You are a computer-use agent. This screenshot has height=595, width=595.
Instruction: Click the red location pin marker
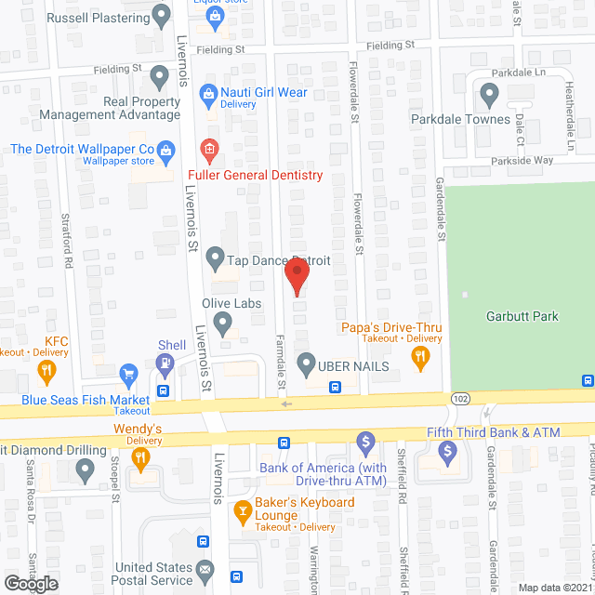tap(297, 276)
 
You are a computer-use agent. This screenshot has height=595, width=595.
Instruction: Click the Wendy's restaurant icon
tap(139, 456)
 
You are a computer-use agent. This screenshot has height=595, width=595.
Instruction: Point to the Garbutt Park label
tap(522, 316)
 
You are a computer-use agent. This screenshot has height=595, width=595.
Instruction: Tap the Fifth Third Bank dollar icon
tap(447, 453)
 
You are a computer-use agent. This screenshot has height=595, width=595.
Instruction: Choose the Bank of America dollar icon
tap(365, 439)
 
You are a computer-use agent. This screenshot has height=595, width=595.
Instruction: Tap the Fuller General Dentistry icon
tap(210, 149)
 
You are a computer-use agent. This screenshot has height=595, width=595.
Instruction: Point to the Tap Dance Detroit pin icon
tap(216, 256)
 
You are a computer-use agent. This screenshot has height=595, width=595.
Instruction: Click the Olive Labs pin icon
tap(222, 324)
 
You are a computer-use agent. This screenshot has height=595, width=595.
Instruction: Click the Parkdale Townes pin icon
tap(489, 93)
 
